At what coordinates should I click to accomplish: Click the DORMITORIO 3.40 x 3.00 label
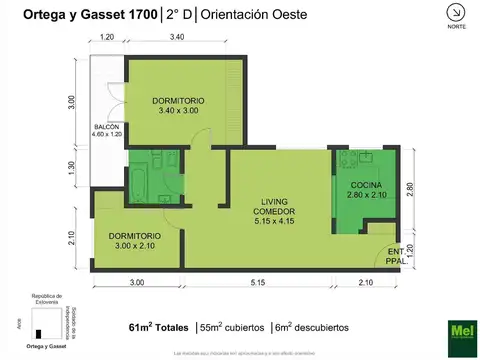(x=179, y=106)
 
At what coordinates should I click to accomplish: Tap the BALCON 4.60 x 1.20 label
(x=107, y=132)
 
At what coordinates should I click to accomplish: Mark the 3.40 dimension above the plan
(x=176, y=37)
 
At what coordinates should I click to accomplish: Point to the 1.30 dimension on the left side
(x=72, y=169)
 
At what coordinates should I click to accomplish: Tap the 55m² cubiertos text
(x=233, y=327)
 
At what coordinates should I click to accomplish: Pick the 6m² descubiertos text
(x=312, y=327)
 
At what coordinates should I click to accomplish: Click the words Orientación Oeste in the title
(x=255, y=14)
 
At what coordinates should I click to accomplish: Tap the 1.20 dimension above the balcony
(x=107, y=37)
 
